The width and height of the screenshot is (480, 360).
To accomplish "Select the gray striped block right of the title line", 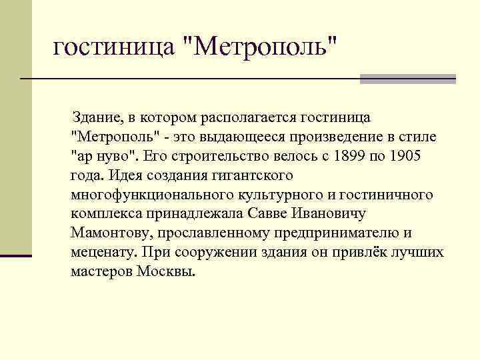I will click(407, 79).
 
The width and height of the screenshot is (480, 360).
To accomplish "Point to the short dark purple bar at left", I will click(16, 255).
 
